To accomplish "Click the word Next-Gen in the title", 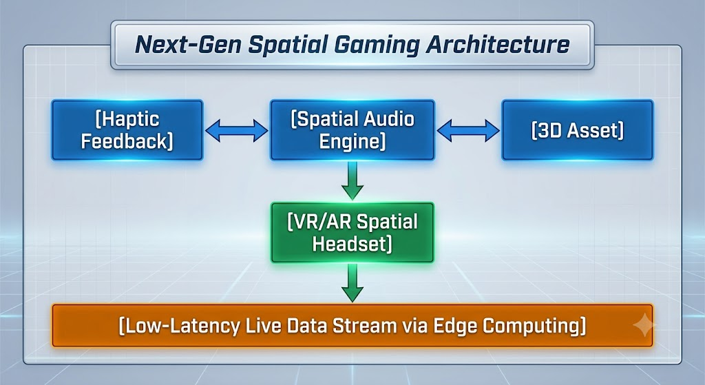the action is click(x=188, y=45).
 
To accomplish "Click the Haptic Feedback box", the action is click(x=127, y=130).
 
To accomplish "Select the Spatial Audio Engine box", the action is click(x=352, y=130).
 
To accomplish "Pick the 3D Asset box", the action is click(x=578, y=130).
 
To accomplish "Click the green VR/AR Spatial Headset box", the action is click(x=352, y=233).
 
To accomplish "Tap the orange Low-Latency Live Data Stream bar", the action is click(x=352, y=326).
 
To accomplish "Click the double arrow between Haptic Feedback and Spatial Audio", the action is click(x=237, y=130).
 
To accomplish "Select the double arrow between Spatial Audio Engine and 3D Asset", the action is click(x=468, y=130).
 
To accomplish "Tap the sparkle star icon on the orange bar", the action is click(x=644, y=324).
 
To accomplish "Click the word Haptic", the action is click(x=127, y=119).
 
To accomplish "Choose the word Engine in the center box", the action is click(x=352, y=141).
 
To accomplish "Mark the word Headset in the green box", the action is click(x=352, y=244).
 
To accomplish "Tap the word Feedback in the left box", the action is click(x=127, y=141).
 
